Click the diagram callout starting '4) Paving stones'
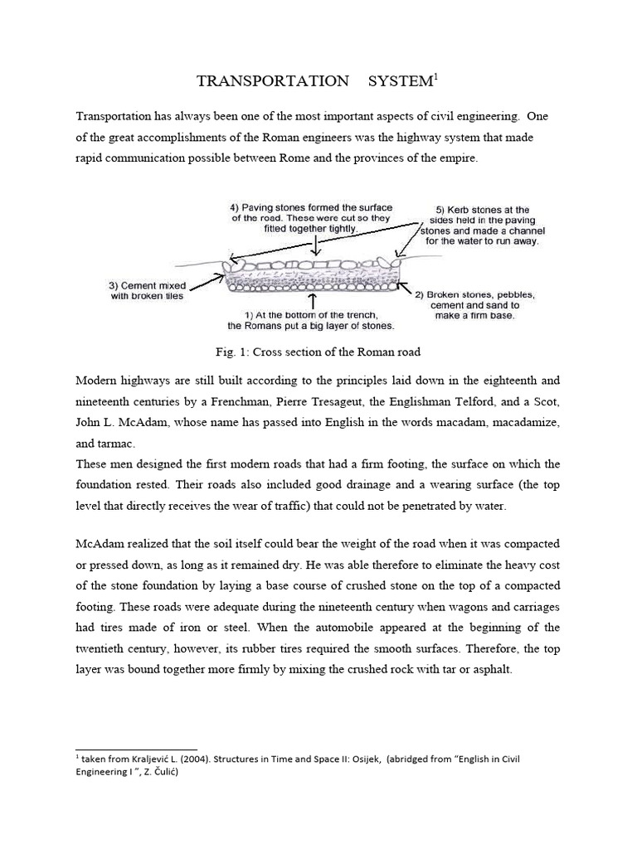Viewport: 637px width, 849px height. tap(312, 217)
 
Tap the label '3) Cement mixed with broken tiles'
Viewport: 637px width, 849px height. tap(147, 291)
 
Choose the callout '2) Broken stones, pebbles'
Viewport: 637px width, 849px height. tap(474, 304)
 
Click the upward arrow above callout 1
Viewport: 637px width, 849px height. tap(314, 299)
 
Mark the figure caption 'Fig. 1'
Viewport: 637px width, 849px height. tap(318, 352)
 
